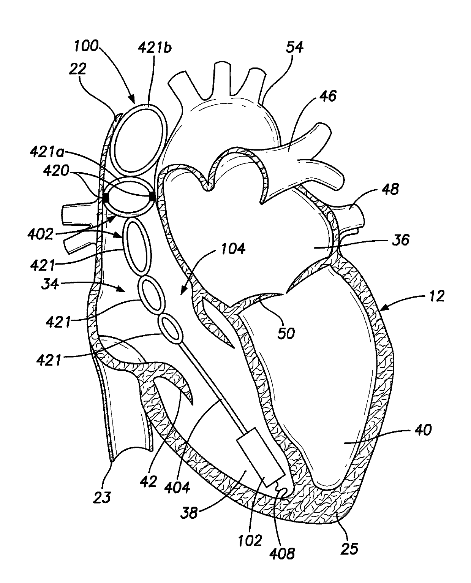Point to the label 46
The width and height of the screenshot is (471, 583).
click(327, 96)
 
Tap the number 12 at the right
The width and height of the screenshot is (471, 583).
click(437, 296)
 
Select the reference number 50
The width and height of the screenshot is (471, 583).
click(286, 334)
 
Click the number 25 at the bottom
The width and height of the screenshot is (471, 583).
click(349, 549)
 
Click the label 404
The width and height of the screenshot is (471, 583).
click(179, 488)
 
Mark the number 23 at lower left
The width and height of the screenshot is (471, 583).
click(102, 497)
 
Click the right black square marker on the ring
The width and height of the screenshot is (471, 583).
click(152, 196)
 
